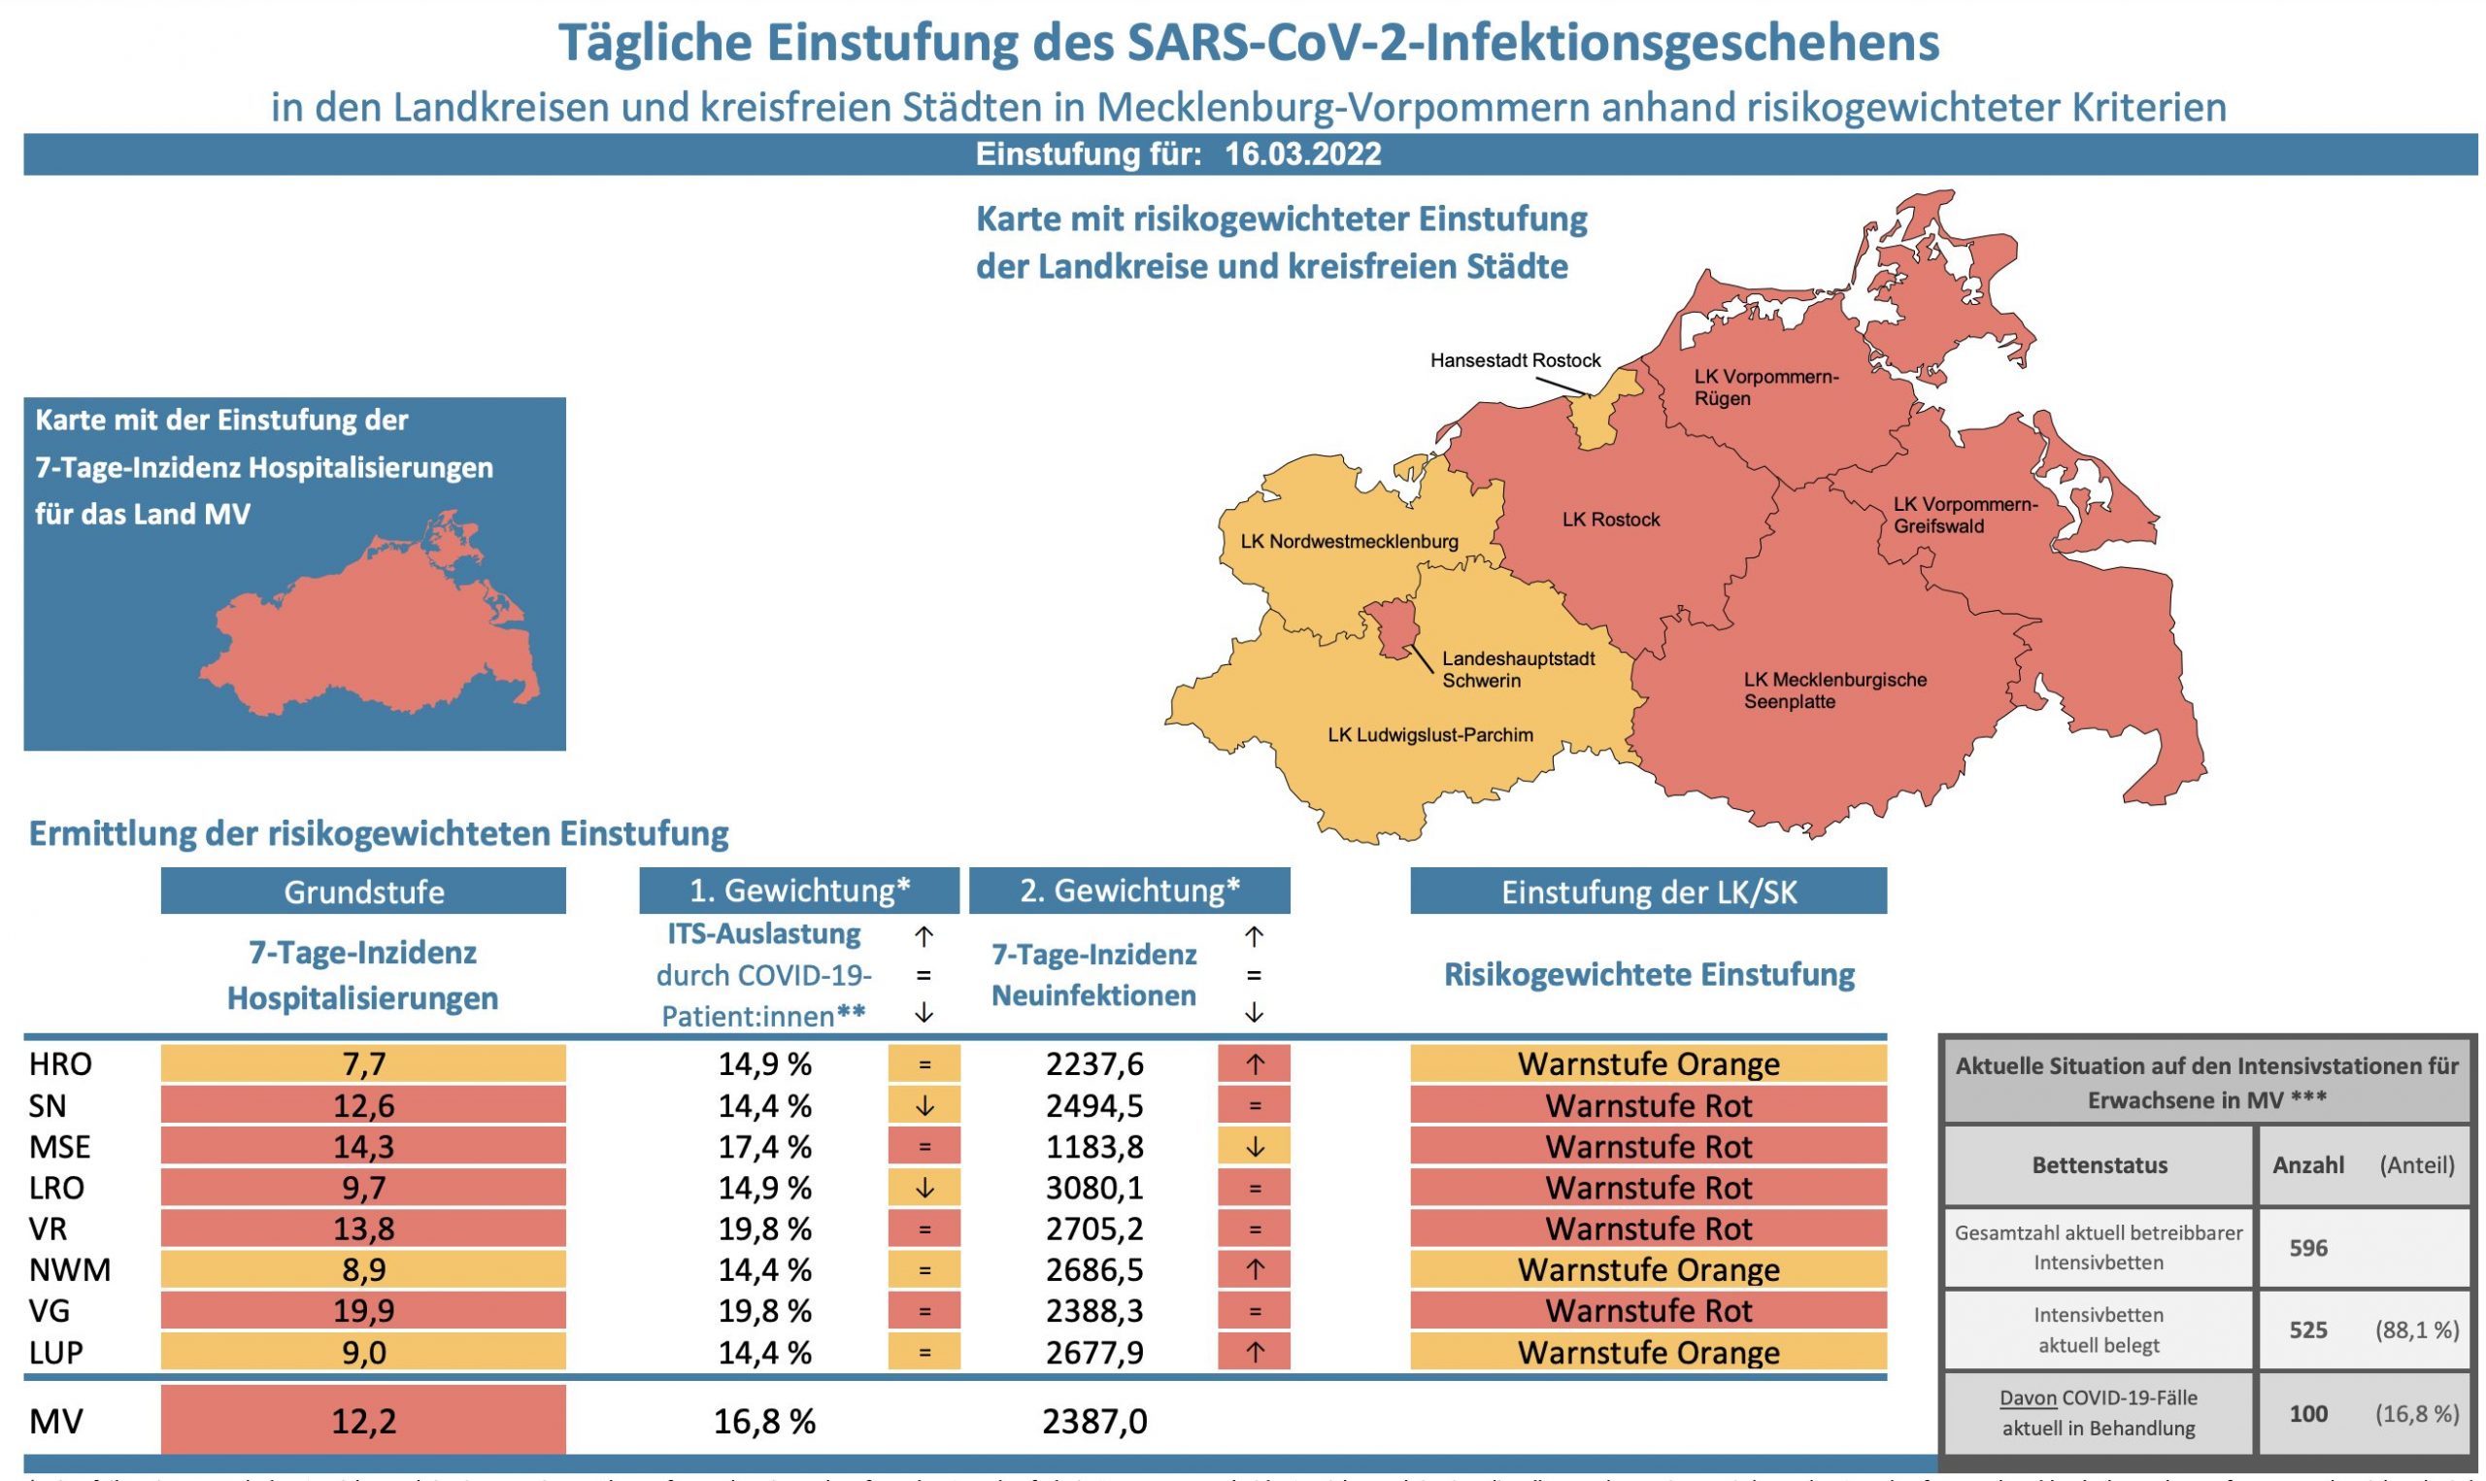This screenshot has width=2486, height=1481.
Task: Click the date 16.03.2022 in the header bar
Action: point(1302,154)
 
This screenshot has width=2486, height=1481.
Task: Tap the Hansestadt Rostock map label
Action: point(1514,360)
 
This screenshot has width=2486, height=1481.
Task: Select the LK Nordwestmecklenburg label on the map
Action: point(1349,542)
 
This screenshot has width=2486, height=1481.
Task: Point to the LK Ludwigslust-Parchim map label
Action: point(1429,735)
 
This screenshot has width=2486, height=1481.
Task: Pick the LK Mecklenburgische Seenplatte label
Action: point(1834,690)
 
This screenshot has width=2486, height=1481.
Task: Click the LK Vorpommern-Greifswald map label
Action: point(1965,515)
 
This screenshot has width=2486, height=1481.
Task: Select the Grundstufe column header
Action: point(363,892)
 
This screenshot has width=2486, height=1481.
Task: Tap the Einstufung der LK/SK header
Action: point(1648,892)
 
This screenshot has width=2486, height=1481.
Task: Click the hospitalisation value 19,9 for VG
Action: point(363,1310)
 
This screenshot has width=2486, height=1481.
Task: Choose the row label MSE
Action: point(60,1147)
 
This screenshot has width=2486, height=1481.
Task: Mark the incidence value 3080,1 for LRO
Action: point(1093,1188)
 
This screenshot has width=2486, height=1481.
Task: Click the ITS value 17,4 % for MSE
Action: point(764,1147)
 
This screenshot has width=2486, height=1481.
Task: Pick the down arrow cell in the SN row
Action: point(924,1105)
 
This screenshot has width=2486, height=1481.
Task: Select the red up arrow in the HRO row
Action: point(1254,1063)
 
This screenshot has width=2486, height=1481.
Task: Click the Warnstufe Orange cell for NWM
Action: point(1648,1269)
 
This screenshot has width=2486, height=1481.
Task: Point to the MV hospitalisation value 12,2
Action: point(363,1420)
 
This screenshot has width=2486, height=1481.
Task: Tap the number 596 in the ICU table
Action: point(2307,1248)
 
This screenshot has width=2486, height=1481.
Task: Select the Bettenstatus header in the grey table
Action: point(2099,1164)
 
